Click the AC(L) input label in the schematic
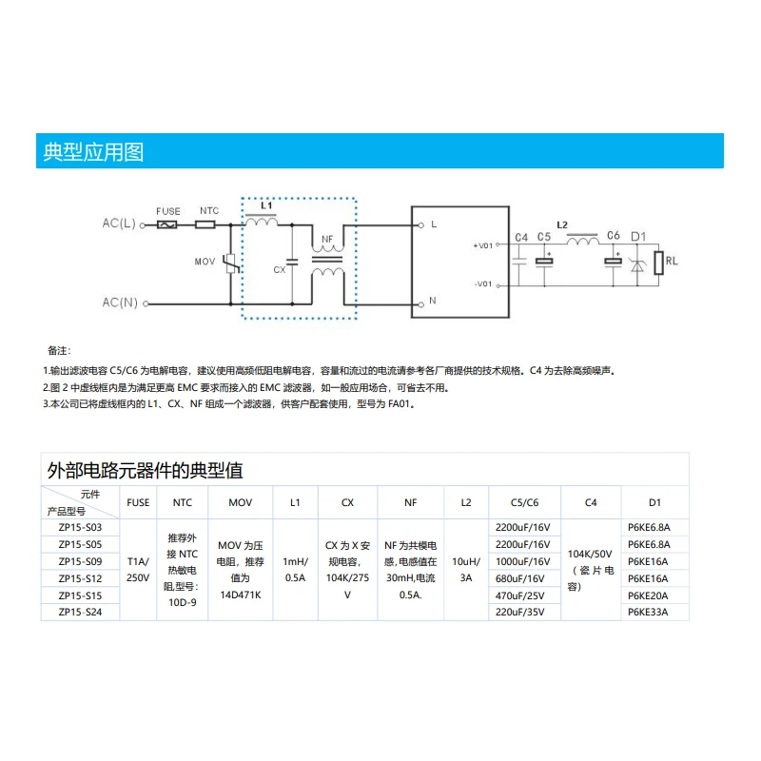120,224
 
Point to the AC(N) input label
120,303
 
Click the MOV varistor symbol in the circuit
229,263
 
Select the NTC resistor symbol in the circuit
205,224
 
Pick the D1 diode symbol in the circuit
637,262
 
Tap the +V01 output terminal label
482,245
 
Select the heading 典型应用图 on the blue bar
93,151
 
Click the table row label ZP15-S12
80,578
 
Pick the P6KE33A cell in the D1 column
648,613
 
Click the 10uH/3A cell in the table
465,569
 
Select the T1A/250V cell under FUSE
139,569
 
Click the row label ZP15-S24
80,613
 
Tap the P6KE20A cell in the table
648,595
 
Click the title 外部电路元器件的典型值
145,470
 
